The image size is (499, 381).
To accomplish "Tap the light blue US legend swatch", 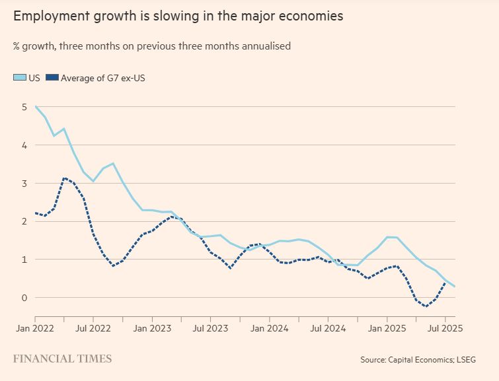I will pos(20,78).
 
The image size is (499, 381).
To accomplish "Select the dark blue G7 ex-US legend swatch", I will pos(52,78).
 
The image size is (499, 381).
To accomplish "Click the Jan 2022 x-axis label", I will pos(34,328).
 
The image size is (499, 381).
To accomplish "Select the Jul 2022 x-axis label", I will pos(93,328).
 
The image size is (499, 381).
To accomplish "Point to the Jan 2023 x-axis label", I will pos(152,328).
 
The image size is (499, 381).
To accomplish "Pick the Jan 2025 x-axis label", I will pos(387,328).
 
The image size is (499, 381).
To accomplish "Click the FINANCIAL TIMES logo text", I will pos(62,359).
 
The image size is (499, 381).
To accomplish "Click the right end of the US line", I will pos(455,287).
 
